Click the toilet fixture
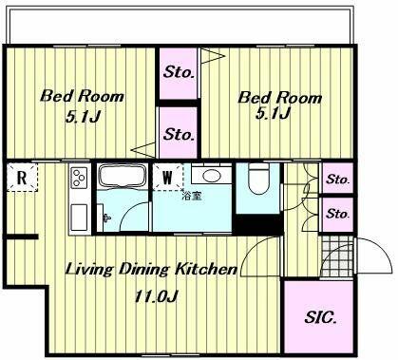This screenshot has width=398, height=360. [x=258, y=179]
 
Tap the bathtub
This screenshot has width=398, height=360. [x=123, y=177]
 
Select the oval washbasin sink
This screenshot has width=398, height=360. [x=211, y=176]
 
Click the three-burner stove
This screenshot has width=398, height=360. [x=79, y=179]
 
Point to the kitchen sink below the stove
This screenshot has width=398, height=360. [x=79, y=218]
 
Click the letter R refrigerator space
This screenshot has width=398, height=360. [x=22, y=178]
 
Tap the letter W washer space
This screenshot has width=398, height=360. [x=167, y=177]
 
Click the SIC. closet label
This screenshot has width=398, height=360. [x=320, y=317]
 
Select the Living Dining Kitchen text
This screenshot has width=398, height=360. [x=151, y=270]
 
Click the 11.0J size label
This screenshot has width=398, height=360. [x=156, y=296]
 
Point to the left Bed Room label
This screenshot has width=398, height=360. [x=82, y=96]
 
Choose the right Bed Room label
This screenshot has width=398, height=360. [x=279, y=98]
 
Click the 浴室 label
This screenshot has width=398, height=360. [x=192, y=197]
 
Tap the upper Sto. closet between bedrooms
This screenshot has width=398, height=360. [x=179, y=73]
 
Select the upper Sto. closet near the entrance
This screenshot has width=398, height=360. [x=338, y=180]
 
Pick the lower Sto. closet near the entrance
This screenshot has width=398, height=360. [x=338, y=214]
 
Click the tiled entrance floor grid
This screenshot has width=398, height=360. [x=337, y=256]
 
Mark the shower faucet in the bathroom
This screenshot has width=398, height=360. [x=106, y=218]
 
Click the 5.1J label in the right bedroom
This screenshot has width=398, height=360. [x=273, y=113]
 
